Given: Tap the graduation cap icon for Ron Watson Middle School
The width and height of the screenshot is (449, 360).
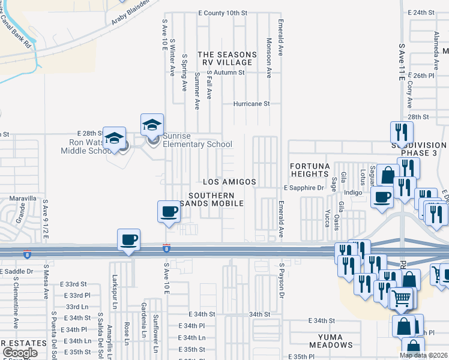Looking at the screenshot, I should pos(114,139).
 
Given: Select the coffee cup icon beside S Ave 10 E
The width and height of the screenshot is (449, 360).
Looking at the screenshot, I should pos(169,211).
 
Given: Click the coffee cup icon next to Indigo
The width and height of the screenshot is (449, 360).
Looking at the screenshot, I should pos(382,196).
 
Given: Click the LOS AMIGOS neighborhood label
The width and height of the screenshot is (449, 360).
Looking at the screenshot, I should pos(230,182).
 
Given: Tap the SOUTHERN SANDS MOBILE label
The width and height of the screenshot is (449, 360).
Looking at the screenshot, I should pos(215,200).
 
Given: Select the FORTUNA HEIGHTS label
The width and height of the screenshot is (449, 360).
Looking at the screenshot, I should pos(309,170).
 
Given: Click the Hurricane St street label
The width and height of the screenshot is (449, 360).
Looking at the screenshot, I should pos(252,103).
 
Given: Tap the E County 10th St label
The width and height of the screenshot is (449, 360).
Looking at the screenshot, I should pos(222,13).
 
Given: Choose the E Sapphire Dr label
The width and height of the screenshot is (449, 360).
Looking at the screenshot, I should pos(304,188).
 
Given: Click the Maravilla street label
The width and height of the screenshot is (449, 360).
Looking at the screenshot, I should pos(23,198).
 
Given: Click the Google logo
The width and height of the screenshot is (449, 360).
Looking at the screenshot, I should pos(20,353).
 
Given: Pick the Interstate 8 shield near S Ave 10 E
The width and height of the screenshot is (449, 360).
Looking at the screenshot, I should pos(166,247).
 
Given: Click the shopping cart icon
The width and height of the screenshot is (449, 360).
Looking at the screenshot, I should pos(402,297).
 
